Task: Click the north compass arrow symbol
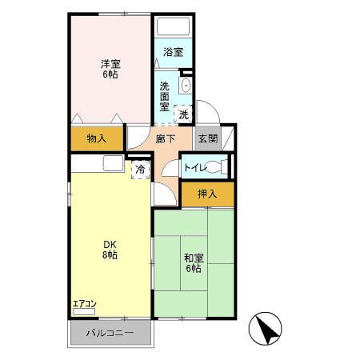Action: [266, 329]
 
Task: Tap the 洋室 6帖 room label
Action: [110, 69]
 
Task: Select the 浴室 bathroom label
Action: [174, 52]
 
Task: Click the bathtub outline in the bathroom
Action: [174, 26]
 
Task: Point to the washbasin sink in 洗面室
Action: [186, 86]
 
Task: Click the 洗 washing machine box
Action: [183, 114]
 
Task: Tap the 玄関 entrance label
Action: [208, 138]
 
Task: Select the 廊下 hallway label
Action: [166, 138]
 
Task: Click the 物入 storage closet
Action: [97, 138]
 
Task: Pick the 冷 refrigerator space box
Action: [140, 170]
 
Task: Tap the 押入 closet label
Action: [207, 194]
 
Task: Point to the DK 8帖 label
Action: [110, 250]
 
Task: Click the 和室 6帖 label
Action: [194, 263]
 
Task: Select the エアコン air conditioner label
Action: [84, 304]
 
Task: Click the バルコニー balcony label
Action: [110, 333]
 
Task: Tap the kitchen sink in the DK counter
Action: [114, 163]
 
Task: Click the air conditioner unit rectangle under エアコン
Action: [84, 312]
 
